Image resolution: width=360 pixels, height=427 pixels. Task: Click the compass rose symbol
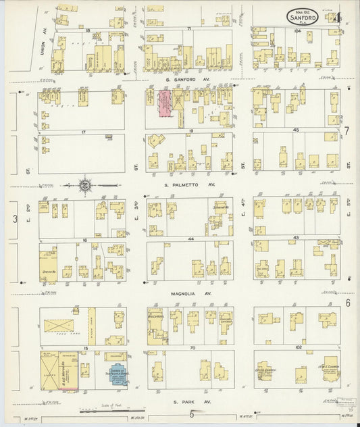coord(86,184)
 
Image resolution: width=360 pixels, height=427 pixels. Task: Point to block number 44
coord(191,240)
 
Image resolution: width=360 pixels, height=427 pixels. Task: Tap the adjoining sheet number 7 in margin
coord(346,130)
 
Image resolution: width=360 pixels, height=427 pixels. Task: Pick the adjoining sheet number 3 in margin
coord(14,218)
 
